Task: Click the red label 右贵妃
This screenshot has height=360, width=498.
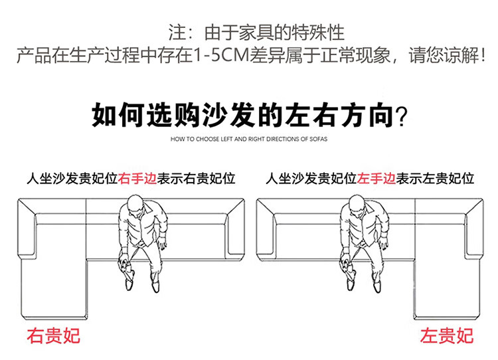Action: tap(53, 335)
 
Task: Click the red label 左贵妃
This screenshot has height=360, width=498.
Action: tap(447, 335)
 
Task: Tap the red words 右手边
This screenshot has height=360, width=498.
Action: tap(137, 179)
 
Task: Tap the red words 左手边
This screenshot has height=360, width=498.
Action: tap(376, 179)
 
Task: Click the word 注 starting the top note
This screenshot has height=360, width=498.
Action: tap(176, 32)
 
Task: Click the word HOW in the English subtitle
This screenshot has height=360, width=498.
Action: tap(179, 140)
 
